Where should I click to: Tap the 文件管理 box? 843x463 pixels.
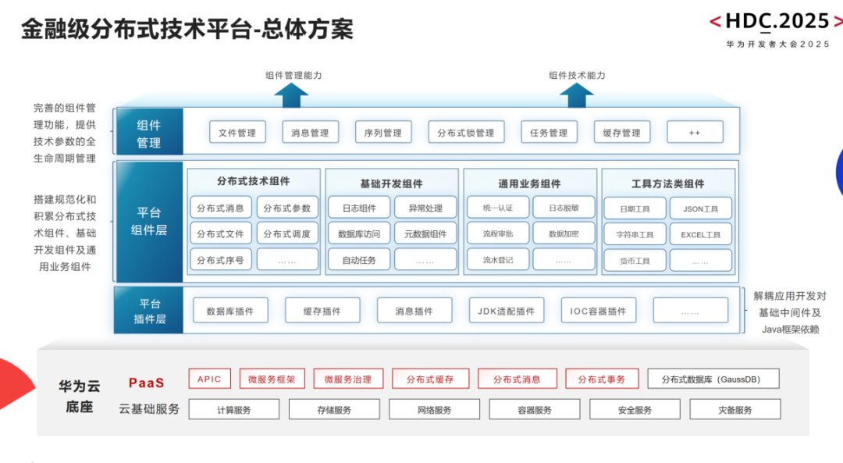(237, 132)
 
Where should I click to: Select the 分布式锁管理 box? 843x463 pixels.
(465, 132)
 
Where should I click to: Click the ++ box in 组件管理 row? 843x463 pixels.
(695, 132)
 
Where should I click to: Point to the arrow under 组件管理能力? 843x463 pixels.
(291, 95)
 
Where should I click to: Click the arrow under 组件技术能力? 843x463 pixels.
(577, 95)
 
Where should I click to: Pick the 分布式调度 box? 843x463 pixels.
(287, 234)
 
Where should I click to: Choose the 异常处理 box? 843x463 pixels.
(425, 208)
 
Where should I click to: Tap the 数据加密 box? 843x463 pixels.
(564, 233)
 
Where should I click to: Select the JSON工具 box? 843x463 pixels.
(700, 208)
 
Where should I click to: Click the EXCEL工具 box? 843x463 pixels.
(700, 234)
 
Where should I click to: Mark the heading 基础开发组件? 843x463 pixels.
(391, 184)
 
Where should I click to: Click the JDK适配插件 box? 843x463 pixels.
(506, 310)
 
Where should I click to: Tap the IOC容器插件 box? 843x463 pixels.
(598, 310)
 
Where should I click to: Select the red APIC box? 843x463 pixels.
(210, 379)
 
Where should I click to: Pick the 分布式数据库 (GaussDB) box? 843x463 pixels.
(713, 379)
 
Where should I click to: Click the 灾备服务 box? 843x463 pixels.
(735, 409)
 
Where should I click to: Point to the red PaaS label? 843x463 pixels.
(146, 383)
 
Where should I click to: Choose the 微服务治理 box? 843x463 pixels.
(348, 379)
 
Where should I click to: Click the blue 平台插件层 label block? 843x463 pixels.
(149, 310)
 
